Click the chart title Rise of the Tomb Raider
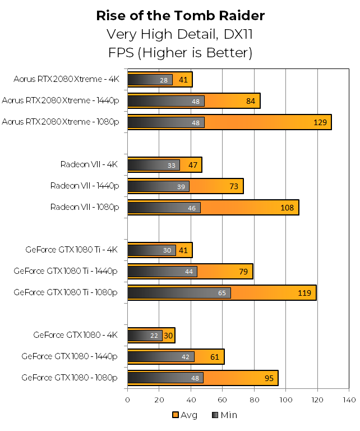pyautogui.click(x=180, y=15)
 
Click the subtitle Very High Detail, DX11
pyautogui.click(x=180, y=34)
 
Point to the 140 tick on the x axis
pyautogui.click(x=349, y=400)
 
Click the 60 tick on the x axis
pyautogui.click(x=223, y=400)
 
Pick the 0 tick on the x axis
pyautogui.click(x=128, y=400)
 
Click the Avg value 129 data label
pyautogui.click(x=320, y=122)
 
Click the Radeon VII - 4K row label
pyautogui.click(x=90, y=164)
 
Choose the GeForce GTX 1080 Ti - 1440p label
pyautogui.click(x=66, y=271)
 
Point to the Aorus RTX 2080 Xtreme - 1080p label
pyautogui.click(x=60, y=122)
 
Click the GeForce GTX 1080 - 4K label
pyautogui.click(x=75, y=335)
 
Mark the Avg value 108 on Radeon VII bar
pyautogui.click(x=287, y=208)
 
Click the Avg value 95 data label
pyautogui.click(x=269, y=378)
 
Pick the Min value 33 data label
pyautogui.click(x=172, y=165)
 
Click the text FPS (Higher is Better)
pyautogui.click(x=180, y=53)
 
